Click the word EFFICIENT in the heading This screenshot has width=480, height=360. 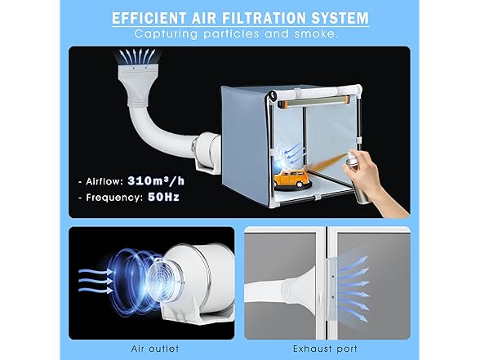coord(149,18)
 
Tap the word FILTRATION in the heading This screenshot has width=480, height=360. coord(264,18)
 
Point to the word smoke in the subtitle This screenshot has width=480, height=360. coord(316,33)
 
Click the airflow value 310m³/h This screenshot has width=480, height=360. coord(156,181)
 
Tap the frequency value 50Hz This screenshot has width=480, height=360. coord(163,197)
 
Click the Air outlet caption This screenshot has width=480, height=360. coord(155,349)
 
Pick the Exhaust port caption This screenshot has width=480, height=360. coord(325,349)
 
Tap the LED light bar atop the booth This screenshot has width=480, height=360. coord(313,101)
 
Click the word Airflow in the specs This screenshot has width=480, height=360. coord(104,181)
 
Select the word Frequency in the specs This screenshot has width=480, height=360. coord(114,198)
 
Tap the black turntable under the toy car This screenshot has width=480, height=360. coord(292,185)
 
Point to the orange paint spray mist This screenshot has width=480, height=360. coord(326,164)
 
